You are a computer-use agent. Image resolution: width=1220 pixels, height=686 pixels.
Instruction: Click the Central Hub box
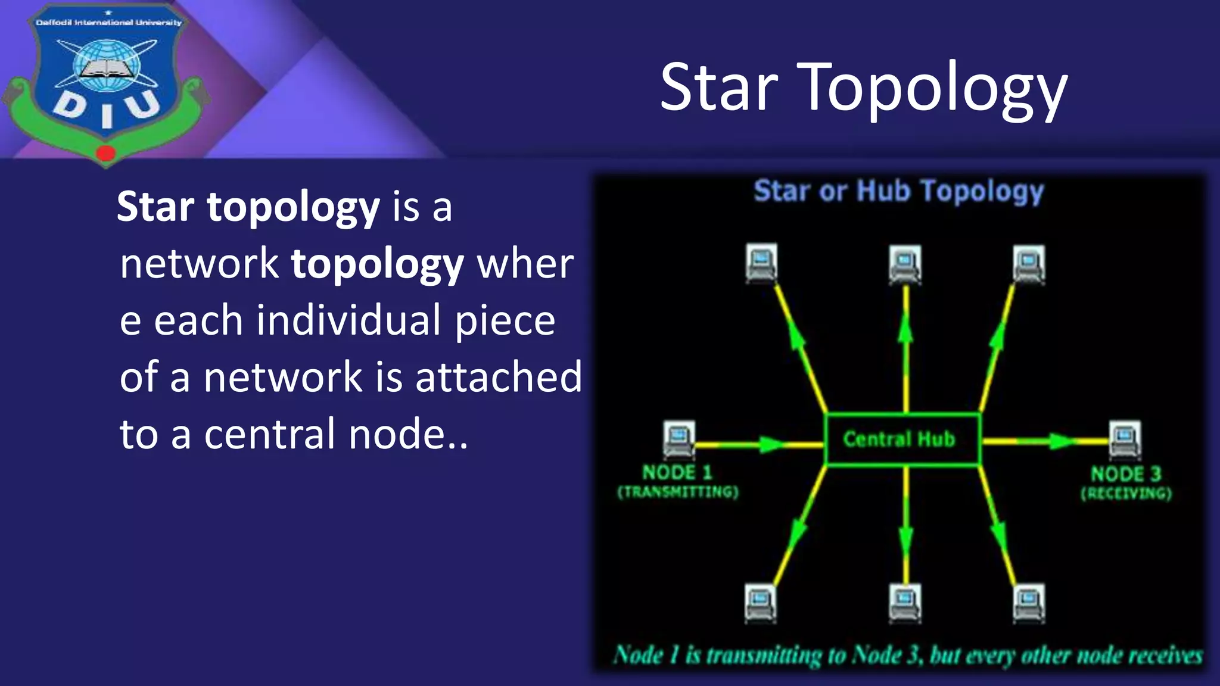pyautogui.click(x=901, y=439)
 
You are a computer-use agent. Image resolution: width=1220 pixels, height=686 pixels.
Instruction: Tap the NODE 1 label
pyautogui.click(x=677, y=473)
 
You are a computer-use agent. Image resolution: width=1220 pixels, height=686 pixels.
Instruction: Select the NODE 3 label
pyautogui.click(x=1126, y=475)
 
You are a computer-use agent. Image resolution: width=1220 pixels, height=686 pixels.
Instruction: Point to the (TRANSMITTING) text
pyautogui.click(x=678, y=492)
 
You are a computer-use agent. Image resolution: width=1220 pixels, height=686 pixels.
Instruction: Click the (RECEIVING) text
pyautogui.click(x=1126, y=494)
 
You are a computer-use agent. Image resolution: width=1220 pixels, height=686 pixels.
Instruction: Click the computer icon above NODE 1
pyautogui.click(x=679, y=439)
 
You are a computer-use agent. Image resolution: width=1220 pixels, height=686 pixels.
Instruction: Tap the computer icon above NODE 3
pyautogui.click(x=1124, y=440)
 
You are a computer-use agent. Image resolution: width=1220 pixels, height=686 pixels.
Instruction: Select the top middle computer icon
pyautogui.click(x=905, y=264)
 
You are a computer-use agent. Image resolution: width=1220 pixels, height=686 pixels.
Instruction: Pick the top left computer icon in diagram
pyautogui.click(x=761, y=262)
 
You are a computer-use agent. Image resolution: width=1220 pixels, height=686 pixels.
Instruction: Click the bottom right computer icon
pyautogui.click(x=1029, y=603)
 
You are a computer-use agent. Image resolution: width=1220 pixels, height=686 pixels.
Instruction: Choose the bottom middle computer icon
pyautogui.click(x=905, y=603)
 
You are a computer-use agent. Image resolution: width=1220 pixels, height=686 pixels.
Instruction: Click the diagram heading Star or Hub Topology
pyautogui.click(x=899, y=192)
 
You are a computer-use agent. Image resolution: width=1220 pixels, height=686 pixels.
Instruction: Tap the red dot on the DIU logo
pyautogui.click(x=105, y=153)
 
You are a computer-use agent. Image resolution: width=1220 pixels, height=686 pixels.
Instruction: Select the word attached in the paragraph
pyautogui.click(x=498, y=377)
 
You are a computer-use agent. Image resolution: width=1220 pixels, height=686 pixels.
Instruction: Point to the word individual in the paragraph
pyautogui.click(x=349, y=321)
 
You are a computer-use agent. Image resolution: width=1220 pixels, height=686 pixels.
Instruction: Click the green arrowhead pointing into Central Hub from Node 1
pyautogui.click(x=773, y=444)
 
